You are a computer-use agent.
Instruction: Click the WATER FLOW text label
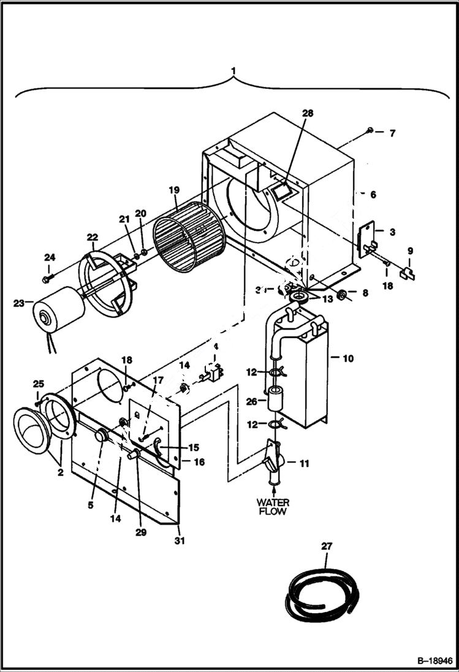273,507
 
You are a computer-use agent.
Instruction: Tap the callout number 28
308,113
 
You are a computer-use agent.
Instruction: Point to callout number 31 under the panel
180,541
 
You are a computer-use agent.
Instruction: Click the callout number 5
90,505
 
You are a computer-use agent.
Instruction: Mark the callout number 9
410,251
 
